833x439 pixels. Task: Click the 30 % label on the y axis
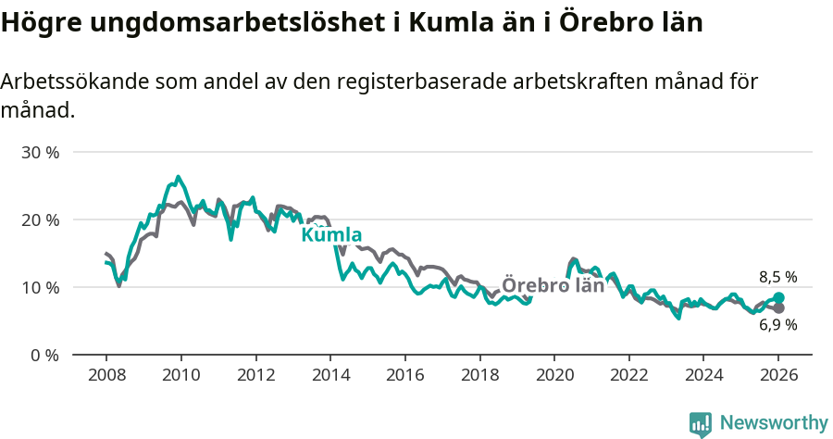tap(40, 152)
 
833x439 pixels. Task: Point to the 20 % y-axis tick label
tap(40, 219)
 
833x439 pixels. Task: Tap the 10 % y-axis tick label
tap(40, 287)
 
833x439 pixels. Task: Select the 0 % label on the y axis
tap(44, 355)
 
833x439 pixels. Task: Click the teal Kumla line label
tap(331, 234)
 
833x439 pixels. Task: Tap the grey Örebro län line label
tap(553, 285)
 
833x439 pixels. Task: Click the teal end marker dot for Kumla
tap(778, 297)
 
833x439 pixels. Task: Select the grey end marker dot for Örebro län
tap(778, 308)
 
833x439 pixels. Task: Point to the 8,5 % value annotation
tap(777, 277)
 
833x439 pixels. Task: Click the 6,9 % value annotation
tap(777, 325)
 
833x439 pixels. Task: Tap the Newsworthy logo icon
tap(700, 423)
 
